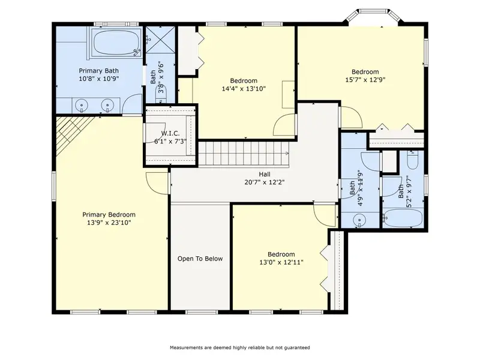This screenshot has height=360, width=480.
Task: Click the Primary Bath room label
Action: coord(98,71)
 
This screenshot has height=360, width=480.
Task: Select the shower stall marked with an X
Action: coord(160,40)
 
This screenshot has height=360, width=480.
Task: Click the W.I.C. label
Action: coord(170,133)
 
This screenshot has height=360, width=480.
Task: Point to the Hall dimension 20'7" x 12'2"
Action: coord(265,182)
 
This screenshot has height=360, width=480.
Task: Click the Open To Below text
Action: coord(200,259)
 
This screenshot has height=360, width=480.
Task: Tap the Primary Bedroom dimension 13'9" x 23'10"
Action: coord(109,223)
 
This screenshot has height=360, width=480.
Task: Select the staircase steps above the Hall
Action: coord(244,154)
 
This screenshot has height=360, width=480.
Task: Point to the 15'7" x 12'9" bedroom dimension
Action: coord(365,80)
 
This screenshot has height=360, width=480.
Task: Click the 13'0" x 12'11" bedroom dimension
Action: coord(281,262)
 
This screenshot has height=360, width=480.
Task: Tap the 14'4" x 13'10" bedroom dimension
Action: coord(244,89)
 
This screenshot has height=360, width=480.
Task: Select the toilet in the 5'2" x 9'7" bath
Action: coord(413,160)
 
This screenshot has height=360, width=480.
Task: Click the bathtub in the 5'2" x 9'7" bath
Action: coord(403,218)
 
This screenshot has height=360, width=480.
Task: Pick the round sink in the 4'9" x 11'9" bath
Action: coord(359,220)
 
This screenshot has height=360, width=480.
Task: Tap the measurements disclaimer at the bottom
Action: coord(239,347)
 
